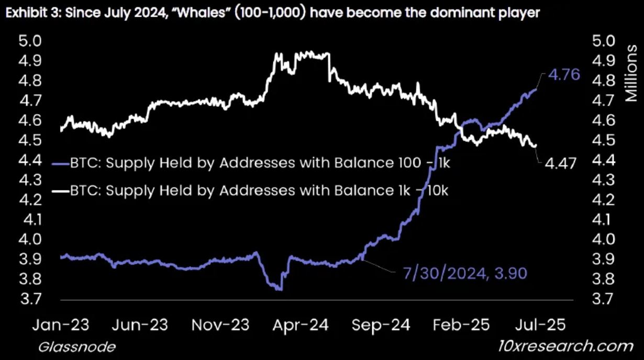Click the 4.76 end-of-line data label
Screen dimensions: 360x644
tap(563, 75)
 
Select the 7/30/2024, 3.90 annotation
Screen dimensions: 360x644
tap(464, 273)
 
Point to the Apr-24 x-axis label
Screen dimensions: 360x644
tap(302, 325)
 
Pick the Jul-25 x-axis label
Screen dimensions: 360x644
tap(540, 325)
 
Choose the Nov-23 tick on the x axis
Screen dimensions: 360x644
tap(220, 325)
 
